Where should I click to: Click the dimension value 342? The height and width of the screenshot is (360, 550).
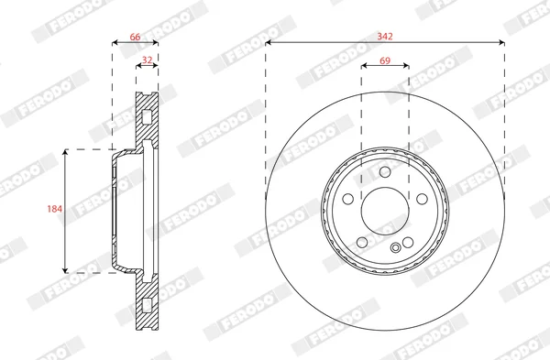tap(385, 36)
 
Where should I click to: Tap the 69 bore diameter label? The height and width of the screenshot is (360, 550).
tap(385, 60)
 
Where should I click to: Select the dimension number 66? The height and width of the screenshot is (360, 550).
tap(135, 37)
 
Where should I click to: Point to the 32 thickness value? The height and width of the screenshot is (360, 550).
tap(147, 60)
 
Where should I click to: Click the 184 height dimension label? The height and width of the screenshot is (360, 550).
tap(55, 209)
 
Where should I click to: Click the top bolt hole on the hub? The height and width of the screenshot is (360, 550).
tap(385, 172)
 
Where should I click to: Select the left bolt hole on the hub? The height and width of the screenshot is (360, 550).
tap(348, 199)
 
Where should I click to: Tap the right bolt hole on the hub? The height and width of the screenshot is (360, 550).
tap(422, 199)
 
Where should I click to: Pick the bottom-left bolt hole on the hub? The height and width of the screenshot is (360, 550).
tap(362, 242)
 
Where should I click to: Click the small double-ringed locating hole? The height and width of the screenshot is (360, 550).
tap(396, 248)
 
